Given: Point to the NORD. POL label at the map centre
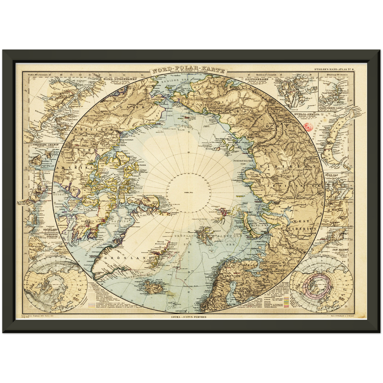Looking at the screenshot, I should (189, 193).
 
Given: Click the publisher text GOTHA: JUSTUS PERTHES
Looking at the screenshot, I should (189, 317).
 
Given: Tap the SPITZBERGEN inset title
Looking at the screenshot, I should (257, 79).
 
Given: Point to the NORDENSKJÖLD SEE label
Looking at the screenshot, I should (243, 162).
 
